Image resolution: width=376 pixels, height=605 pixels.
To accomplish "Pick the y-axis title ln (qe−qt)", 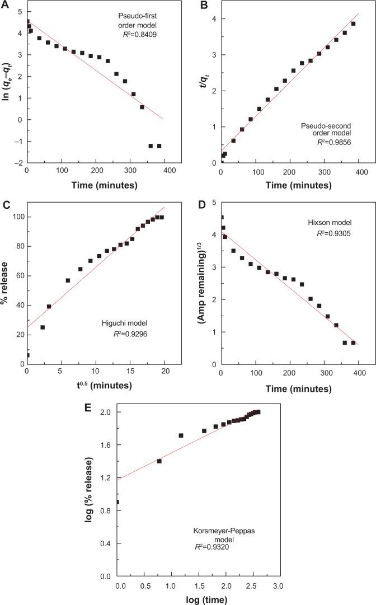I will pyautogui.click(x=7, y=87).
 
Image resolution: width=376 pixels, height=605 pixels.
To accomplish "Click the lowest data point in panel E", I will pyautogui.click(x=117, y=502).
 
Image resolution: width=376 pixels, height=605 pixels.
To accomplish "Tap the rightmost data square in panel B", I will pyautogui.click(x=353, y=24).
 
